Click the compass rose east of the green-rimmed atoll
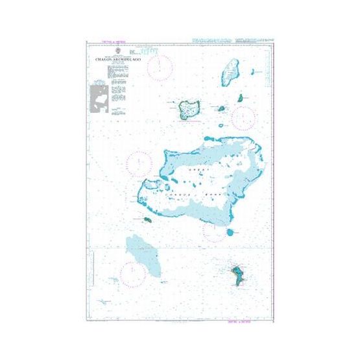click(243, 117)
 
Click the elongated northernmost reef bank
click(229, 72)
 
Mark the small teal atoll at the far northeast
click(240, 98)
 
